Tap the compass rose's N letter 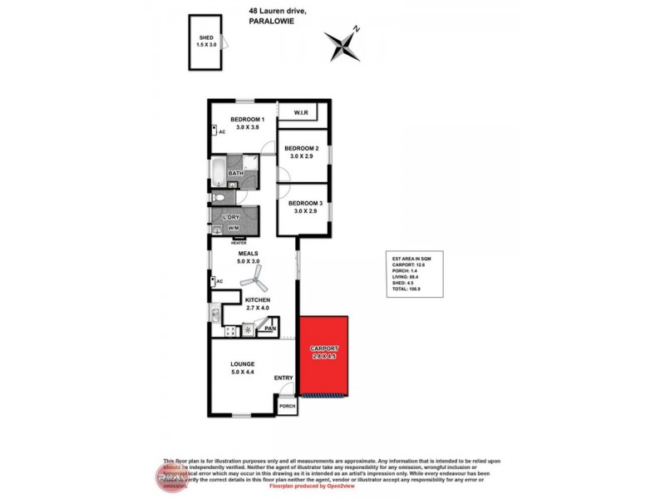pos(355,29)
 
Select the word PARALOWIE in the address pos(273,22)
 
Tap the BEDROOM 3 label pos(305,203)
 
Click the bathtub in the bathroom pos(217,173)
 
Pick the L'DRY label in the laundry pos(232,218)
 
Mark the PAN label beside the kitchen pos(269,329)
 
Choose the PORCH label pos(287,406)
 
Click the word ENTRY pos(284,378)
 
